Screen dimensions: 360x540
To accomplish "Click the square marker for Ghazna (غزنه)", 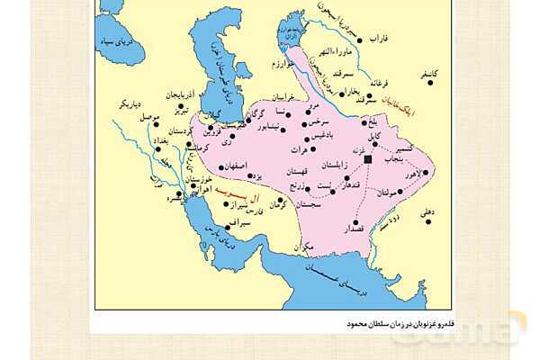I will pos(367,158).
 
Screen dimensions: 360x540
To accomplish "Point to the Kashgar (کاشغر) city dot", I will pos(430,83).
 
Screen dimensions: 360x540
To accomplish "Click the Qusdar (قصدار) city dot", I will pos(355,221).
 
